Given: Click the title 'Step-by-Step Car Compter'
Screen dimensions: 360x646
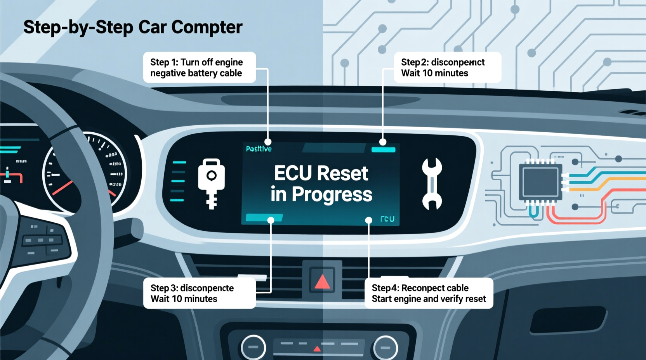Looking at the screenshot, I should point(133,27).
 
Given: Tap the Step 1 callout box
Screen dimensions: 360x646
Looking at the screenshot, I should point(199,67).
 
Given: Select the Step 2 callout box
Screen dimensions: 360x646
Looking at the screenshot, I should point(447,67).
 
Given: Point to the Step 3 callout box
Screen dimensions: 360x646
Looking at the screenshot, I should point(199,293).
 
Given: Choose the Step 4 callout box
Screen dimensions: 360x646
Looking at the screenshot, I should point(429,293).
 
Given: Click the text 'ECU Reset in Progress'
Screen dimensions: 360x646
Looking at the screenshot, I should point(321,183).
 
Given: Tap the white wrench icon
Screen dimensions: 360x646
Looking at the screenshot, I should point(432,183).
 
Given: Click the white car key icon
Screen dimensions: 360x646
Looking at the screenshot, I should point(211,182).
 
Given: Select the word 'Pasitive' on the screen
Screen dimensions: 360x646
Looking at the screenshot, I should point(259,149).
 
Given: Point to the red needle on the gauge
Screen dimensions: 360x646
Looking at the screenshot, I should point(62,188).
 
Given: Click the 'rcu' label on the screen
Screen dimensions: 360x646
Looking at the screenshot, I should point(387,219).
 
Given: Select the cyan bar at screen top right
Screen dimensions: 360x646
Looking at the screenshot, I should point(383,150).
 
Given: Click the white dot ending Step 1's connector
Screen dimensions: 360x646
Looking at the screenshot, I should point(268,142).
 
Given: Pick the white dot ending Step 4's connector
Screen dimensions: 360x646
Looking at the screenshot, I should point(369,220).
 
